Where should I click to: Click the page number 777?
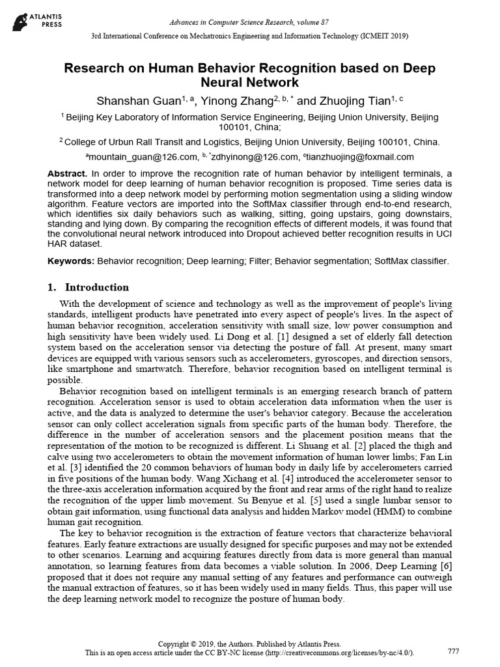pyautogui.click(x=454, y=651)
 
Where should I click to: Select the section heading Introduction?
pyautogui.click(x=96, y=287)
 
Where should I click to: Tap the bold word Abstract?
pyautogui.click(x=67, y=174)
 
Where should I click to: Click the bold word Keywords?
pyautogui.click(x=71, y=261)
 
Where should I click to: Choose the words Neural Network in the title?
pyautogui.click(x=250, y=83)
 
